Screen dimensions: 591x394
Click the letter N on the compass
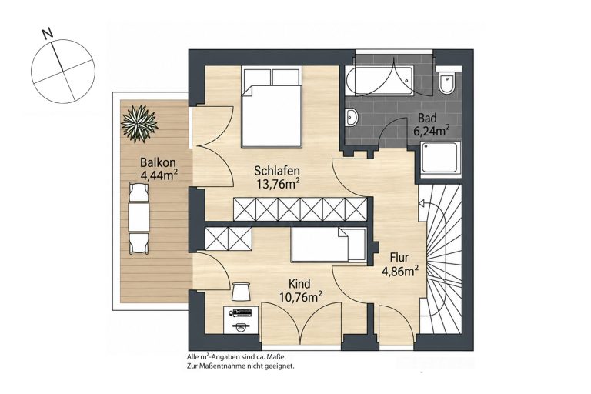pyautogui.click(x=47, y=35)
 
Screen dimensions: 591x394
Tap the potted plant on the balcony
pyautogui.click(x=139, y=124)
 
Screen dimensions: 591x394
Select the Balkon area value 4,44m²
pyautogui.click(x=159, y=175)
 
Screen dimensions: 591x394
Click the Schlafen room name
pyautogui.click(x=277, y=171)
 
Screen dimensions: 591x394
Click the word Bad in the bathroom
pyautogui.click(x=427, y=119)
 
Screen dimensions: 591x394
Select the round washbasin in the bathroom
pyautogui.click(x=352, y=116)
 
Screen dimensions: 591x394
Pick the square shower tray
pyautogui.click(x=441, y=160)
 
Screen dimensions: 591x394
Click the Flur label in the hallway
pyautogui.click(x=399, y=258)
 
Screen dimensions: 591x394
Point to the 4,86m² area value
pyautogui.click(x=400, y=272)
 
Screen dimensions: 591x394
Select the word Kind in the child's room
pyautogui.click(x=299, y=283)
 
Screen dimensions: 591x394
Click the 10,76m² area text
pyautogui.click(x=300, y=297)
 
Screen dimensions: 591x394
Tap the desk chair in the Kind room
pyautogui.click(x=240, y=292)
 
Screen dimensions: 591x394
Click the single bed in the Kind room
pyautogui.click(x=329, y=244)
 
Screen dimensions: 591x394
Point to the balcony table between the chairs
pyautogui.click(x=139, y=217)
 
